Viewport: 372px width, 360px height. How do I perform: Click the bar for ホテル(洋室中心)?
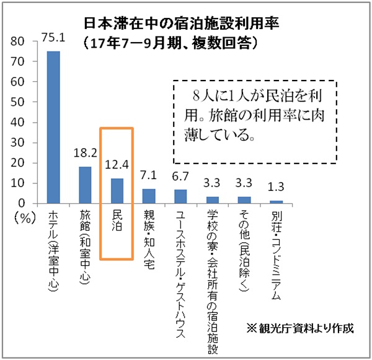point(53,127)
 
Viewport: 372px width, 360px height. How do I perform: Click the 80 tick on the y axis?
point(24,41)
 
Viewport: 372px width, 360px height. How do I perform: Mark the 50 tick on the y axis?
point(24,102)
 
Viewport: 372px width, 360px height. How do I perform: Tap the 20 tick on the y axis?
point(24,162)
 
